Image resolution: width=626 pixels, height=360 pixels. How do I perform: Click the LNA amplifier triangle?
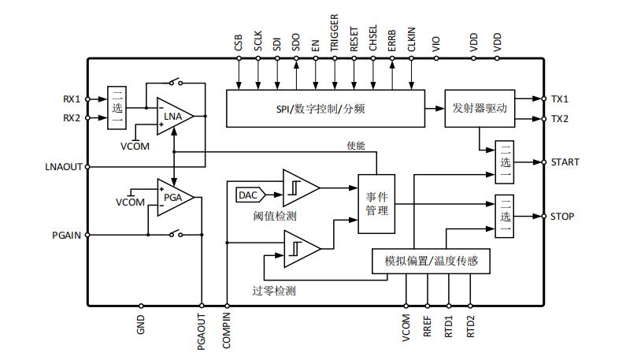pos(174,117)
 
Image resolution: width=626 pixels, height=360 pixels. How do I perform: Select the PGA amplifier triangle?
pos(174,197)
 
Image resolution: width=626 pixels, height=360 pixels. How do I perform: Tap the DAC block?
pos(250,195)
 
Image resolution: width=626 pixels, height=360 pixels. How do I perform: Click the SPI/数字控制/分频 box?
pos(325,109)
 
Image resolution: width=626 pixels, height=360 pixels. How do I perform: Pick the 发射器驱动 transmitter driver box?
pos(480,109)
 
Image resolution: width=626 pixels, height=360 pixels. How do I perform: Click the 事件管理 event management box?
pos(376,204)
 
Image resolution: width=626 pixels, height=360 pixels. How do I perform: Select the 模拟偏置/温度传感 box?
pos(431,262)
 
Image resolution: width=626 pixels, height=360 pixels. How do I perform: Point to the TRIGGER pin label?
pos(334,33)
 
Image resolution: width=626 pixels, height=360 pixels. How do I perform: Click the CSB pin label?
pos(239,43)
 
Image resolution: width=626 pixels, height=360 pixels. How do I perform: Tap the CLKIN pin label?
pos(411,39)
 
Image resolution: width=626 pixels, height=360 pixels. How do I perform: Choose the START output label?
pos(565,162)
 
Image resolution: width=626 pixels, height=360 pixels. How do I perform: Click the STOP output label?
pos(562,217)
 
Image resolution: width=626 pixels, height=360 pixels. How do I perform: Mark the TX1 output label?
pos(560,99)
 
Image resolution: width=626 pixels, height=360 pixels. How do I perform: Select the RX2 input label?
pos(72,118)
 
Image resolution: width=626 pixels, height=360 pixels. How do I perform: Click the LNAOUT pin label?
pos(64,167)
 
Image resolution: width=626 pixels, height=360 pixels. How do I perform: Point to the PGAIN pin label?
pos(67,236)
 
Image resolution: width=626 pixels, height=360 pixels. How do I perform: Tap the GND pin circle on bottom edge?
pos(141,306)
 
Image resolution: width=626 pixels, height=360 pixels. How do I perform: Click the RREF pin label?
pos(428,326)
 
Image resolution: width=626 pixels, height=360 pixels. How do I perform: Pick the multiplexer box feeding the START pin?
pos(504,162)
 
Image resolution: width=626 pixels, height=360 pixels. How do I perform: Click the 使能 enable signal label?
pos(356,146)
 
